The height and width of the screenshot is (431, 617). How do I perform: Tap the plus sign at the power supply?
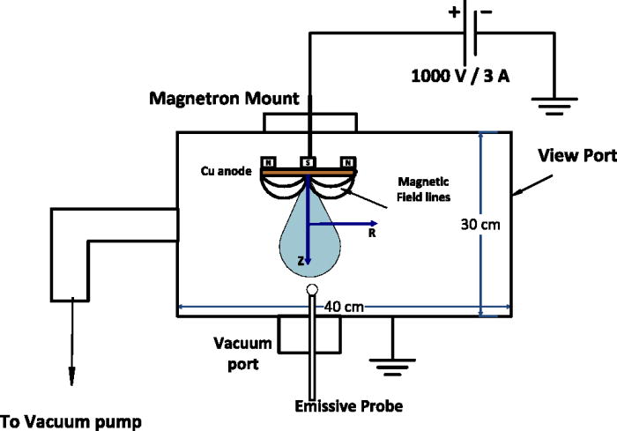pos(455,12)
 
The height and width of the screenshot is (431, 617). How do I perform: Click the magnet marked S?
pos(308,162)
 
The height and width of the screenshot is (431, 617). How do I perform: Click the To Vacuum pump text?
pos(71,421)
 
